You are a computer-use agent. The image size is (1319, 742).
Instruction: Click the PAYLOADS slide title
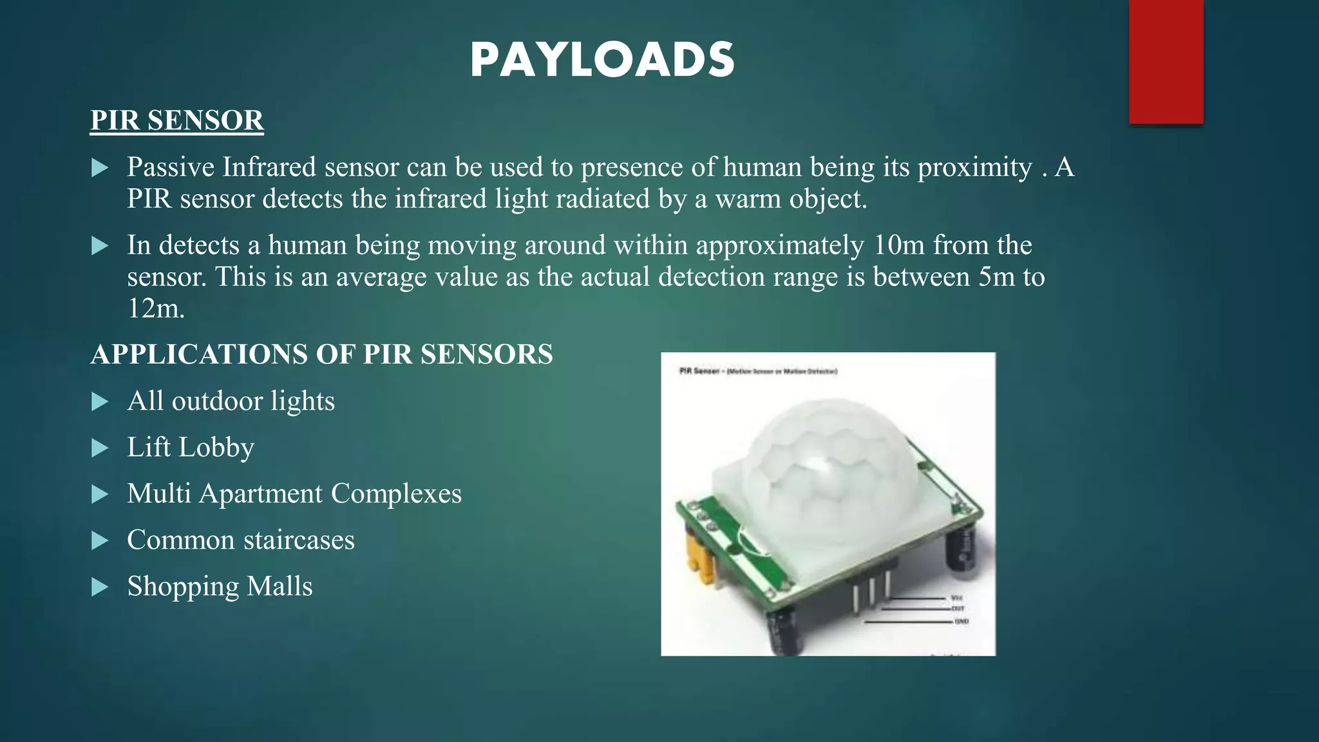[602, 61]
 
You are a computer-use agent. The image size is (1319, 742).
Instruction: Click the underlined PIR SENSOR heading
[176, 120]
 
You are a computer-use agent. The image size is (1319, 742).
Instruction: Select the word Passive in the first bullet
[171, 167]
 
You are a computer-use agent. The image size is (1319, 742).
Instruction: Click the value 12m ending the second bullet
[155, 309]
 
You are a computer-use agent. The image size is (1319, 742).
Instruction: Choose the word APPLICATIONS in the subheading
[199, 354]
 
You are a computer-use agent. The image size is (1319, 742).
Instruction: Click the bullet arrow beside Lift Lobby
[100, 448]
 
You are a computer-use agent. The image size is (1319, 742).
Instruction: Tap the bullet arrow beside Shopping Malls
[100, 587]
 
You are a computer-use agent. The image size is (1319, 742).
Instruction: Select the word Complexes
[396, 494]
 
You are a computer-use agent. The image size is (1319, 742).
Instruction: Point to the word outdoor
[217, 401]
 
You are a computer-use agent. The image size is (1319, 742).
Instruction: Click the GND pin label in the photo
[962, 622]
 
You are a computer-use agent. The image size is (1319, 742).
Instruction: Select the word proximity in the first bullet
[974, 167]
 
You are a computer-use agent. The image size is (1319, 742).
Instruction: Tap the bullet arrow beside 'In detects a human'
[100, 245]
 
